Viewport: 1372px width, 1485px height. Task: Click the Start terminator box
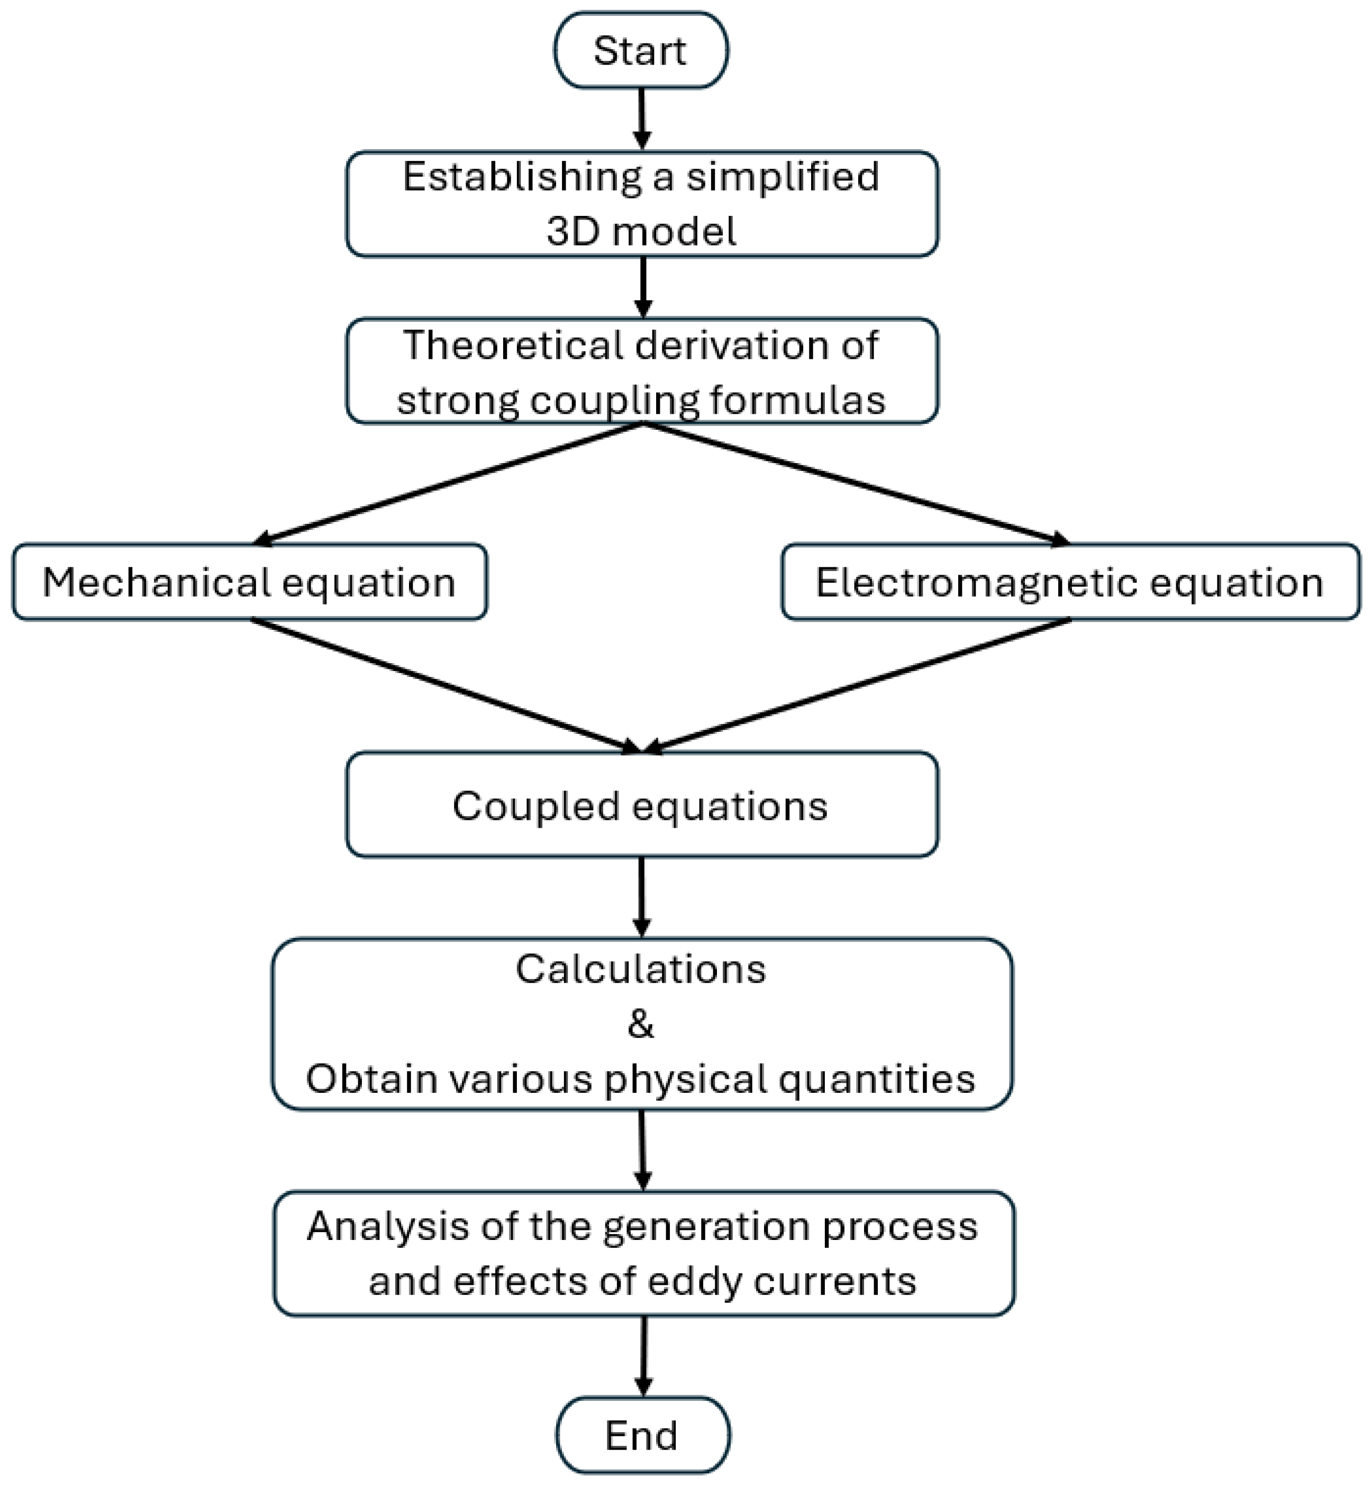[641, 50]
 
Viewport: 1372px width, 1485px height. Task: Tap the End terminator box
[643, 1435]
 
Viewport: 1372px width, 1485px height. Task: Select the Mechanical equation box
[250, 582]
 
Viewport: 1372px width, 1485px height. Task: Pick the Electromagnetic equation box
[1070, 582]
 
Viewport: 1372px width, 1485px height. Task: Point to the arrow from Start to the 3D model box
[642, 119]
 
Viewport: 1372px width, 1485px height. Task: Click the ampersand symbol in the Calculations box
[641, 1025]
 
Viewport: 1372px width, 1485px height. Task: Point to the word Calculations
[641, 970]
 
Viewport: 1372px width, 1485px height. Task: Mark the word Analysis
[388, 1227]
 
